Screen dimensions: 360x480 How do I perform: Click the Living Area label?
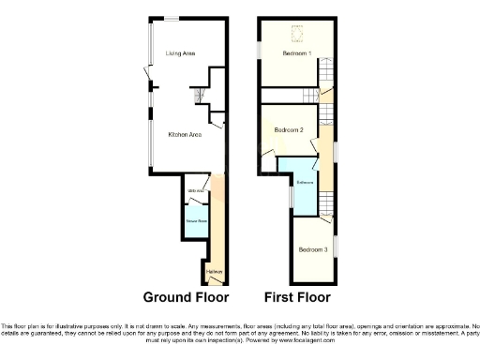[180, 54]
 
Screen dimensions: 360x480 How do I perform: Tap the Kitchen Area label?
[185, 135]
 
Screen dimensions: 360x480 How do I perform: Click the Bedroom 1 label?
[298, 54]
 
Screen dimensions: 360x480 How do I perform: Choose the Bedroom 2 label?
[288, 129]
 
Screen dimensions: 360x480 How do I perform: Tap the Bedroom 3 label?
[312, 249]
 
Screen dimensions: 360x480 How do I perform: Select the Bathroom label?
[305, 181]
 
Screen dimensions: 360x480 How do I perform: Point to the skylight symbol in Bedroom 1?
[300, 37]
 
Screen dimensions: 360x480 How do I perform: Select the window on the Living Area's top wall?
[172, 19]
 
